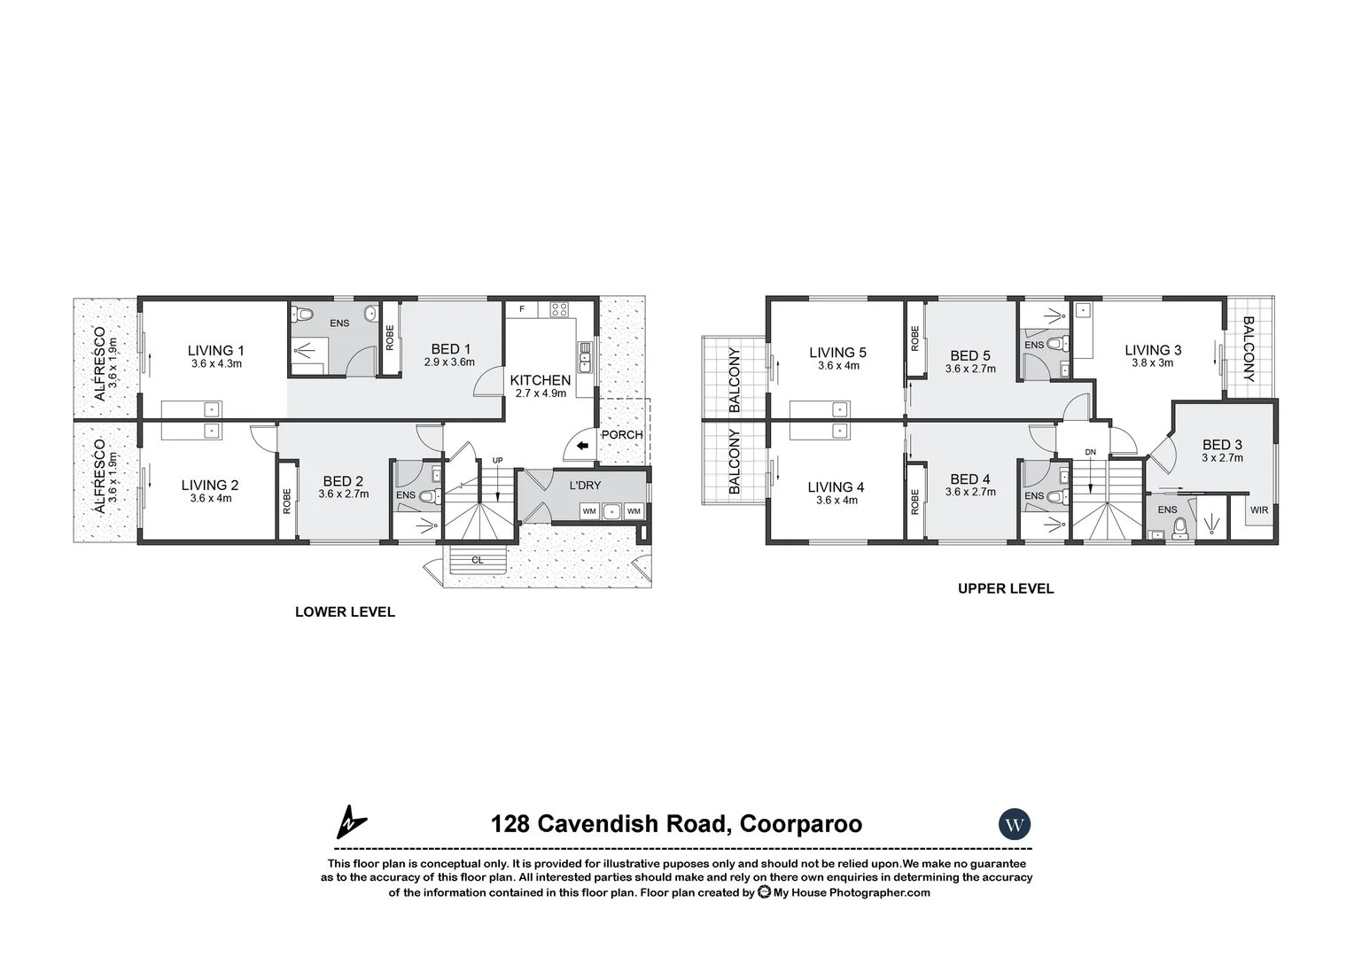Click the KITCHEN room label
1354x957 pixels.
coord(541,380)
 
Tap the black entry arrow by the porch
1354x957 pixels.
coord(581,447)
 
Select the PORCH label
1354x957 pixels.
coord(622,435)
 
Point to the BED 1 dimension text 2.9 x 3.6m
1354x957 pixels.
coord(449,362)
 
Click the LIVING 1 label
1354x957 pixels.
coord(215,350)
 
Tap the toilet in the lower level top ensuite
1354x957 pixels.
coord(303,315)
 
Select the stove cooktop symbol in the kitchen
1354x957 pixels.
coord(559,309)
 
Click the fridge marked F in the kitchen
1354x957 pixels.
coord(522,309)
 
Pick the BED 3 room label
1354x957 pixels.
coord(1222,445)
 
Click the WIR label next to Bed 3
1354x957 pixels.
coord(1258,510)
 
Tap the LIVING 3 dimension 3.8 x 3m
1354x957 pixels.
coord(1153,363)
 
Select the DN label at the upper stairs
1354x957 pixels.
coord(1090,453)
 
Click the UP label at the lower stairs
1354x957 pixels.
coord(497,461)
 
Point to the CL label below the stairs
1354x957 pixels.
coord(477,560)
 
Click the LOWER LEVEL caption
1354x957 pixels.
coord(345,611)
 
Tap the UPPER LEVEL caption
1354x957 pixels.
coord(1006,588)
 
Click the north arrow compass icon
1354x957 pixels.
coord(351,822)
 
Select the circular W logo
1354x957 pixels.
coord(1015,824)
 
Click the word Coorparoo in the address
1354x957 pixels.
coord(800,824)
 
